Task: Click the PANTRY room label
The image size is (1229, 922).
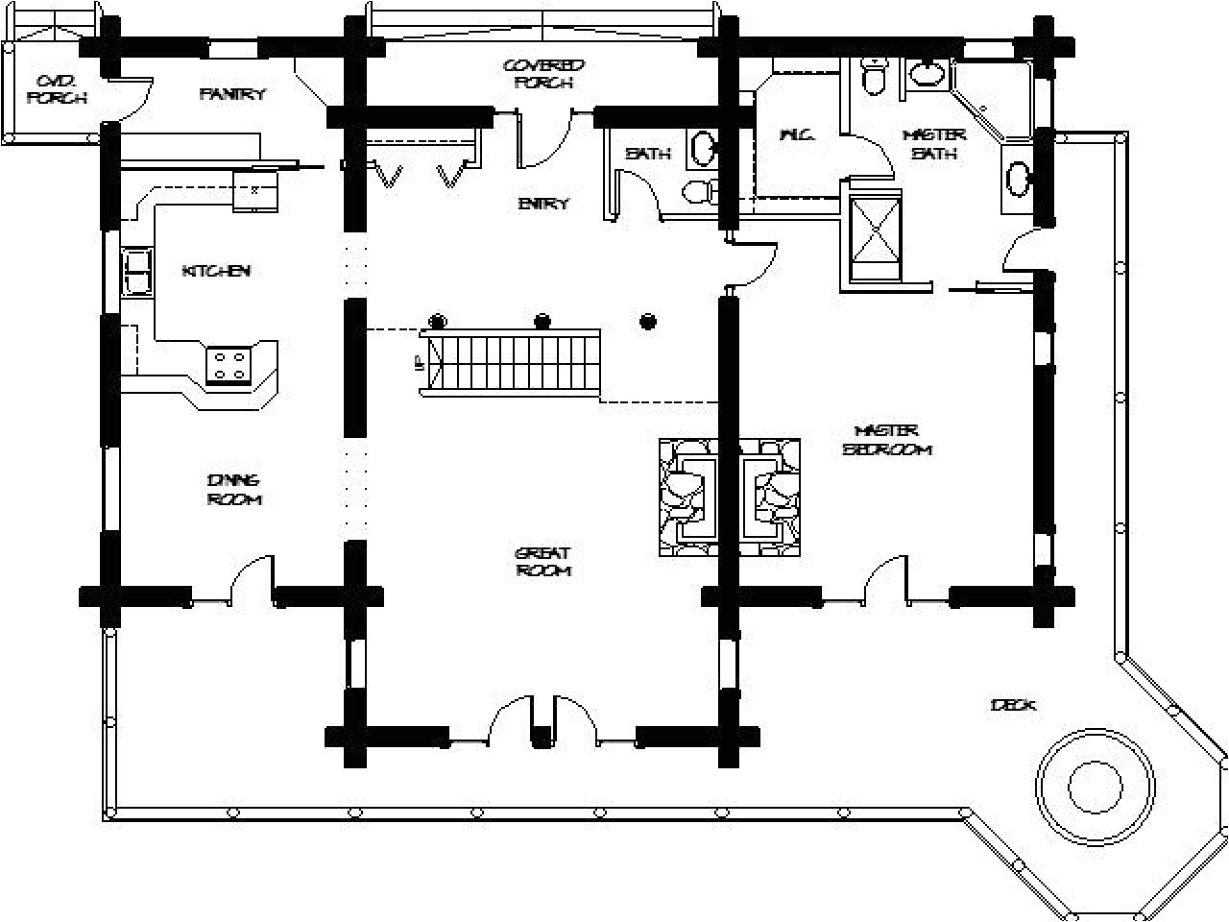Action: pyautogui.click(x=232, y=94)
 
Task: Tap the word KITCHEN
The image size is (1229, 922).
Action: pyautogui.click(x=216, y=271)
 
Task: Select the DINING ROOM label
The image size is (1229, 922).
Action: pyautogui.click(x=233, y=490)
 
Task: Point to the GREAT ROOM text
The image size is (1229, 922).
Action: pyautogui.click(x=543, y=562)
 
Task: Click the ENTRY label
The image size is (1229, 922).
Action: pyautogui.click(x=543, y=204)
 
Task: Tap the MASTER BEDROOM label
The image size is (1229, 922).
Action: pyautogui.click(x=887, y=440)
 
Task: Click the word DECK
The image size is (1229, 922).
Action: pyautogui.click(x=1013, y=706)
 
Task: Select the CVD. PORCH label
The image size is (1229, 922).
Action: pyautogui.click(x=56, y=88)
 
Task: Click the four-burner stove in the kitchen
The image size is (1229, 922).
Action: pyautogui.click(x=230, y=365)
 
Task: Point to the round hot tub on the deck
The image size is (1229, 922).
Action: pyautogui.click(x=1094, y=774)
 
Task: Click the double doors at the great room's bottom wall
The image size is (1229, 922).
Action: pyautogui.click(x=543, y=720)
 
